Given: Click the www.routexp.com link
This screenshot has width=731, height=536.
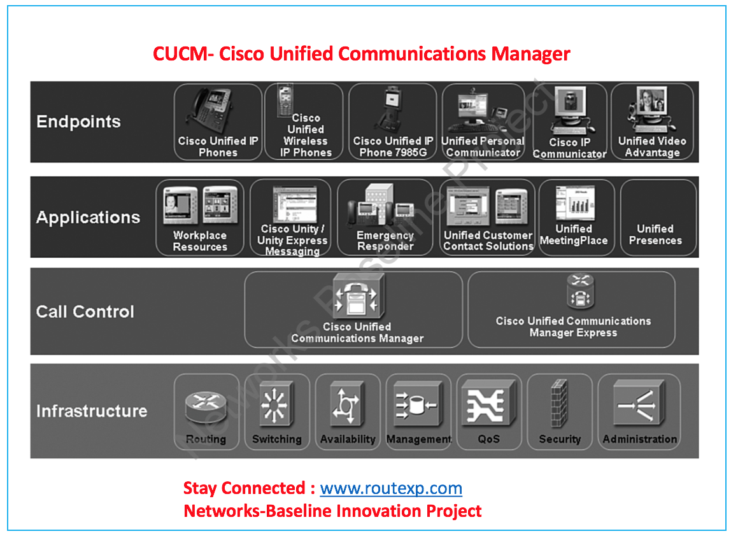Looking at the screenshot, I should tap(391, 488).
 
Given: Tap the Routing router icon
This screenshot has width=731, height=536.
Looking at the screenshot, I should tap(206, 406).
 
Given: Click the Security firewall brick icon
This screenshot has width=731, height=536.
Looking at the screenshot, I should tap(559, 404).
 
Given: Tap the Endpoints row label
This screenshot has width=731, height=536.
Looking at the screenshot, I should tap(78, 122).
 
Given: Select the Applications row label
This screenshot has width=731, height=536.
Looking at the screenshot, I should tap(88, 217).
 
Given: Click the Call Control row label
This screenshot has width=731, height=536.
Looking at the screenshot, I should tap(85, 311).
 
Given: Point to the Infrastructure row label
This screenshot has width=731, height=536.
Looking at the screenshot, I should tap(91, 411).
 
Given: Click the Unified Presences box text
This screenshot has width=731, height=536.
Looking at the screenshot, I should tap(655, 234).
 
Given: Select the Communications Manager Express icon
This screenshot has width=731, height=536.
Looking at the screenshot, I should tap(580, 292).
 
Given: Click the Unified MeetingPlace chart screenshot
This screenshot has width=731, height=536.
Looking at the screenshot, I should tap(574, 203).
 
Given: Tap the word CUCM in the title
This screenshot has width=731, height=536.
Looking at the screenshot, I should tap(180, 53).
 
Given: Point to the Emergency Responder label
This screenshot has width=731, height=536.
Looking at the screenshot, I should tap(385, 241).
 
